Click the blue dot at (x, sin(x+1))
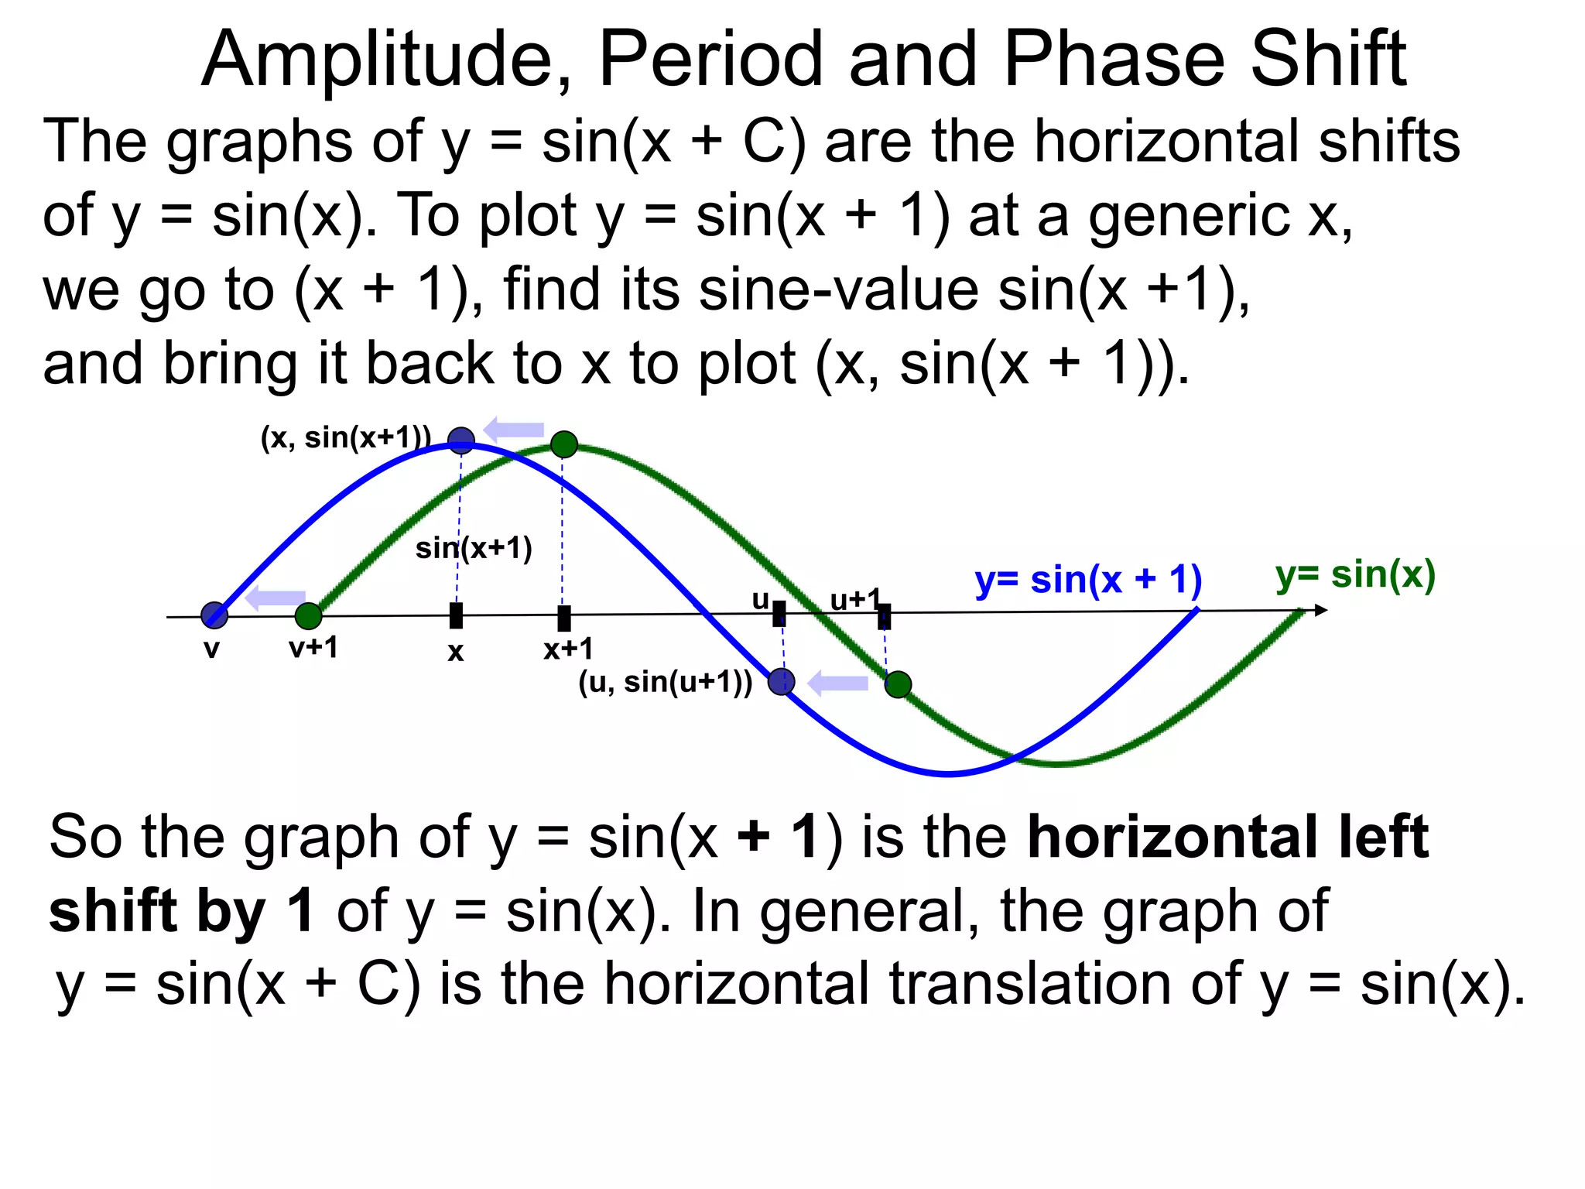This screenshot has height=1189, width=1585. pos(461,441)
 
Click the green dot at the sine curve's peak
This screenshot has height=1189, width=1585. pos(564,444)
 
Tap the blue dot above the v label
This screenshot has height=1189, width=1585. pos(214,615)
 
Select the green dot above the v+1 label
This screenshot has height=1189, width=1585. pos(308,616)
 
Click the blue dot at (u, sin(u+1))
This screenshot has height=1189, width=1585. pos(782,682)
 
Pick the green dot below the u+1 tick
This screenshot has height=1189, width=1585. pos(898,684)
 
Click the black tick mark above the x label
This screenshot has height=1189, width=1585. pos(457,616)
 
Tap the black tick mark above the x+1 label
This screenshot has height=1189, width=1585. pos(564,618)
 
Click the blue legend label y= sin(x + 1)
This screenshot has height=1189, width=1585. pos(1088,580)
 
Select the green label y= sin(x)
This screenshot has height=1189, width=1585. pos(1355,575)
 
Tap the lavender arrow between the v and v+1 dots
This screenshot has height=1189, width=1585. pos(275,598)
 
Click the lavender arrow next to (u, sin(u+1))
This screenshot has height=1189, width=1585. pos(837,684)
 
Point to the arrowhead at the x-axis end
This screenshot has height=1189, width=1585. pos(1320,611)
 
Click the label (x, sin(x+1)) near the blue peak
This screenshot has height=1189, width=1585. pos(345,438)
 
